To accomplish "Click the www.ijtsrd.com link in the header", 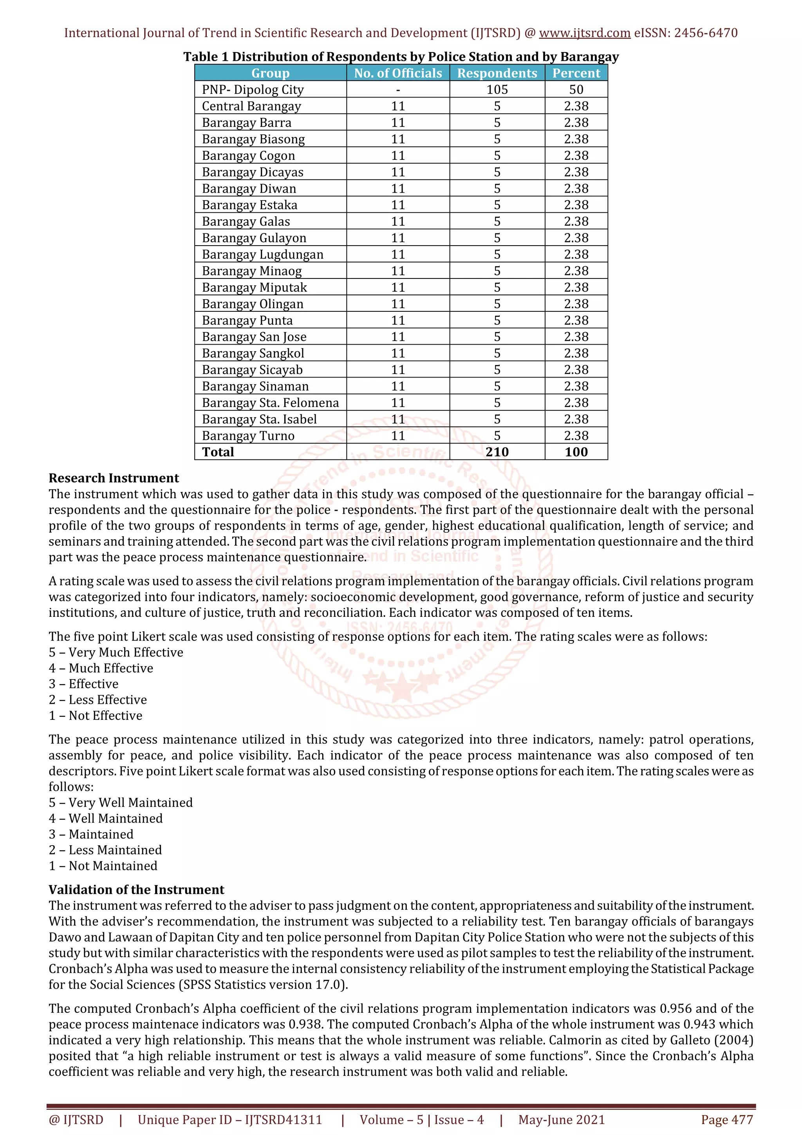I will pos(584,33).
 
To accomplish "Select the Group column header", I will pos(270,73).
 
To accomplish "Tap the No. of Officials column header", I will pos(398,73).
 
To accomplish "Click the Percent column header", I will pos(576,73).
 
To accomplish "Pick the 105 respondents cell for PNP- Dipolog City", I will pos(497,89).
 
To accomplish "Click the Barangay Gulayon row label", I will pos(254,238).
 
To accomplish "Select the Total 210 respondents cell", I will pos(497,452).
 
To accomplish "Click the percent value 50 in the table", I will pos(576,89).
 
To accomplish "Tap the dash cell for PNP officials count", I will pos(398,89).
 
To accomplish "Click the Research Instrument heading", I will pos(114,478).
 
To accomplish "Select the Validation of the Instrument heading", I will pos(136,890).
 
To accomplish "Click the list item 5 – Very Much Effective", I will pos(116,652).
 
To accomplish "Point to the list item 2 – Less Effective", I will pos(98,700).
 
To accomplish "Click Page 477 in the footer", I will pos(726,1120).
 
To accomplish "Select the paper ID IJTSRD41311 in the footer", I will pos(283,1120).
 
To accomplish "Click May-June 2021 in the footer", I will pos(561,1120).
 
